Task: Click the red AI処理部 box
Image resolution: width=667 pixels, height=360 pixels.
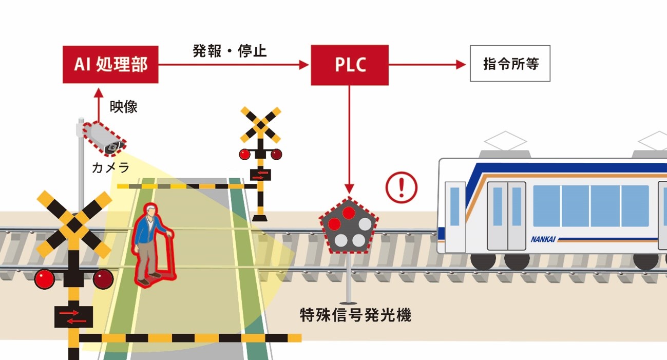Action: pos(110,64)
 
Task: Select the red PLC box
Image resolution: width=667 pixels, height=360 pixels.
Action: pos(350,65)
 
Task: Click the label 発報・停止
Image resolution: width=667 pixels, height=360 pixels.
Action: pos(230,51)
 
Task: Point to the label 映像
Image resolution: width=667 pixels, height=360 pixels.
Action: pos(124,107)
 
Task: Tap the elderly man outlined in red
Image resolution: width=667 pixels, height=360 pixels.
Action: pos(152,243)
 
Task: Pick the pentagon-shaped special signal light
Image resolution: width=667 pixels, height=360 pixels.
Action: pos(349,226)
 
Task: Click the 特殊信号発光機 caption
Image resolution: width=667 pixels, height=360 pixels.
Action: pos(355,315)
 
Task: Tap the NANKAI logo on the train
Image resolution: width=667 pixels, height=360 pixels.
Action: pos(543,239)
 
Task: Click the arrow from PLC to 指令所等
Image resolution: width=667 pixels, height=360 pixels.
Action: pos(426,65)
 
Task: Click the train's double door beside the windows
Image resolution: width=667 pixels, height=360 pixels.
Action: pos(507,215)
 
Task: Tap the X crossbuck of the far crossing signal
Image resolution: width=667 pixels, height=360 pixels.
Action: pos(261,125)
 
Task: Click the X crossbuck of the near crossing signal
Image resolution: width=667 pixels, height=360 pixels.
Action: pos(74,224)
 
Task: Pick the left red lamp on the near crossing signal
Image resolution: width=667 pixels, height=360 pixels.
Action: pos(45,279)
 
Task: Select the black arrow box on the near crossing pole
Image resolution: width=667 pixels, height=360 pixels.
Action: pos(74,316)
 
